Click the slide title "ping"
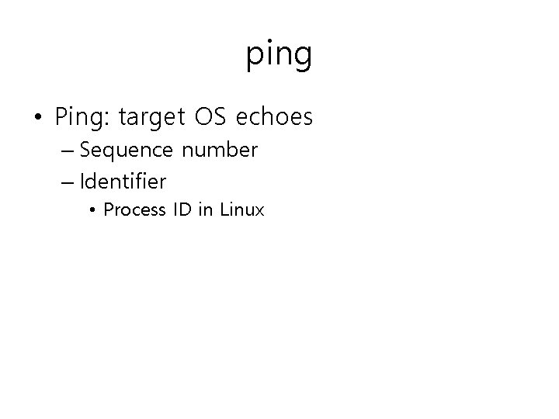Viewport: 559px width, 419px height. tap(279, 55)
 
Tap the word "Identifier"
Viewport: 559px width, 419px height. tap(123, 182)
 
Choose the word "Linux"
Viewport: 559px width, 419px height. tap(241, 209)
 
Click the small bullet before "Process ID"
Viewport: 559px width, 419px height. tap(92, 209)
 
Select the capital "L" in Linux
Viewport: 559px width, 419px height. tap(224, 209)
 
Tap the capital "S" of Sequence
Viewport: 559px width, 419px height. tap(85, 150)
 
